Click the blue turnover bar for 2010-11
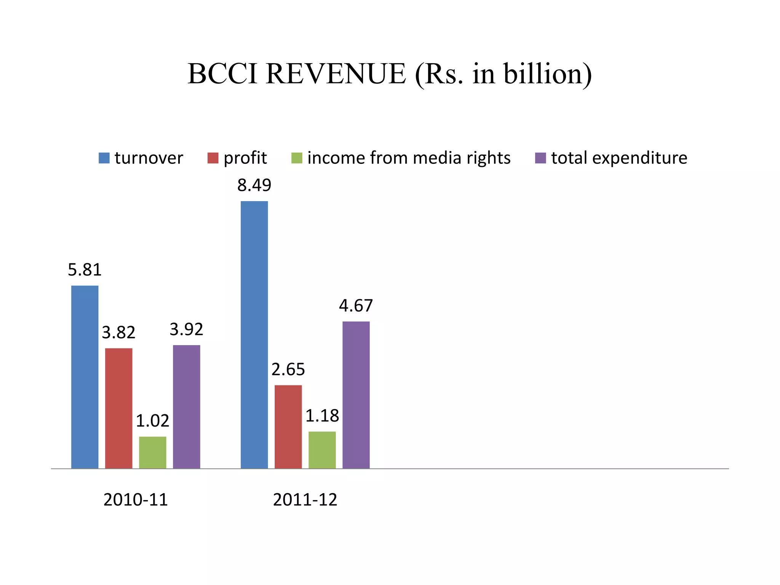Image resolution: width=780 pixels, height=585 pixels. pos(85,377)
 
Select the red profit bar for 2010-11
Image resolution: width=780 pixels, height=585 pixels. pos(118,408)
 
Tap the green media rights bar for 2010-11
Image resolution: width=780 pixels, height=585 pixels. pos(152,452)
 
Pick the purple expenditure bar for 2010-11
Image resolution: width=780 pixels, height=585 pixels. pos(186,407)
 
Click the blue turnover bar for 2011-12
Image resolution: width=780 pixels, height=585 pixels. pos(254,335)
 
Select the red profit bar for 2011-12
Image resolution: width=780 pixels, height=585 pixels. pos(288,427)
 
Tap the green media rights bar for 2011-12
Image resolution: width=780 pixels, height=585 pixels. pos(322,450)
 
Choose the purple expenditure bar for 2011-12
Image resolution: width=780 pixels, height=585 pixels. pos(356,395)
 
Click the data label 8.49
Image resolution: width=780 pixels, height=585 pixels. pos(254,185)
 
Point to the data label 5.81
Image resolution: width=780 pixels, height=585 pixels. pos(85,270)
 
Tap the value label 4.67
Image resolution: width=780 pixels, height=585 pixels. pos(356,306)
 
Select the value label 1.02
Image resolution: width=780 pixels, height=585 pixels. pos(152,421)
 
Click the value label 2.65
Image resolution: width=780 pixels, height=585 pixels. pos(288,369)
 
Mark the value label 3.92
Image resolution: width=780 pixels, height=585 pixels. pos(186,329)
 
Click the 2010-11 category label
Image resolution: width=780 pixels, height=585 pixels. pos(136,500)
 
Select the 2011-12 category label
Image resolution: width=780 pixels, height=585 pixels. pos(305,500)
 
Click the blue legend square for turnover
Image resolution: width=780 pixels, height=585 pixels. pos(104,158)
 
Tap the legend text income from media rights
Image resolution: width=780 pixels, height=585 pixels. pos(409,158)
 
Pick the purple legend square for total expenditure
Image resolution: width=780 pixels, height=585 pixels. pos(540,158)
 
